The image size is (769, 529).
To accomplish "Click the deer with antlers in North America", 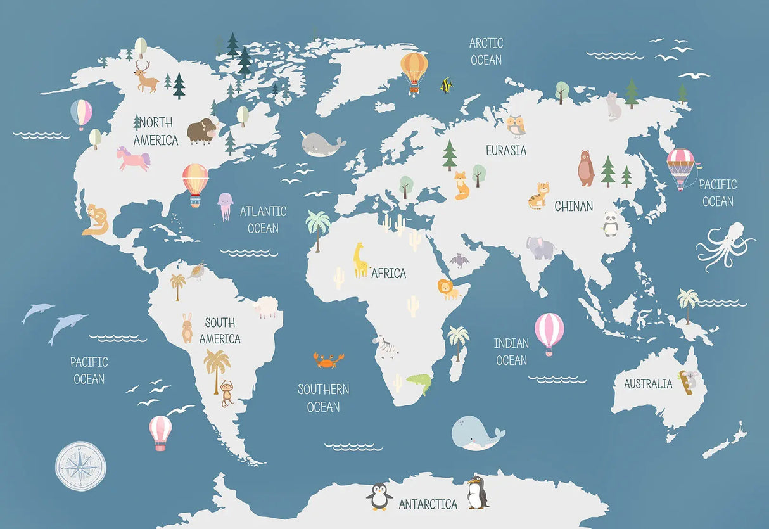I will point(146,77).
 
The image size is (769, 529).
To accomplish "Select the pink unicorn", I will point(133,158).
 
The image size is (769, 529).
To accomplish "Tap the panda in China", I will point(610,224).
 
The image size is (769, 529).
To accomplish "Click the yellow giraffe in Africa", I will point(360,260).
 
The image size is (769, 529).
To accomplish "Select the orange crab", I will point(328,360).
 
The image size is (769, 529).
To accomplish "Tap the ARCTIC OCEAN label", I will point(486,51).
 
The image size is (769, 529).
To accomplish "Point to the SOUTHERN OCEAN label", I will point(324,398).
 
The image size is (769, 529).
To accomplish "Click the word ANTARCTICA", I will point(428,505).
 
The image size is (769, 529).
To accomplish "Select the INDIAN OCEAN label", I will point(511,352).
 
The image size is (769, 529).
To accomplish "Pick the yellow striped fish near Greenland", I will point(447,85).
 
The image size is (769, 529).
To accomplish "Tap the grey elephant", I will point(540,248).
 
